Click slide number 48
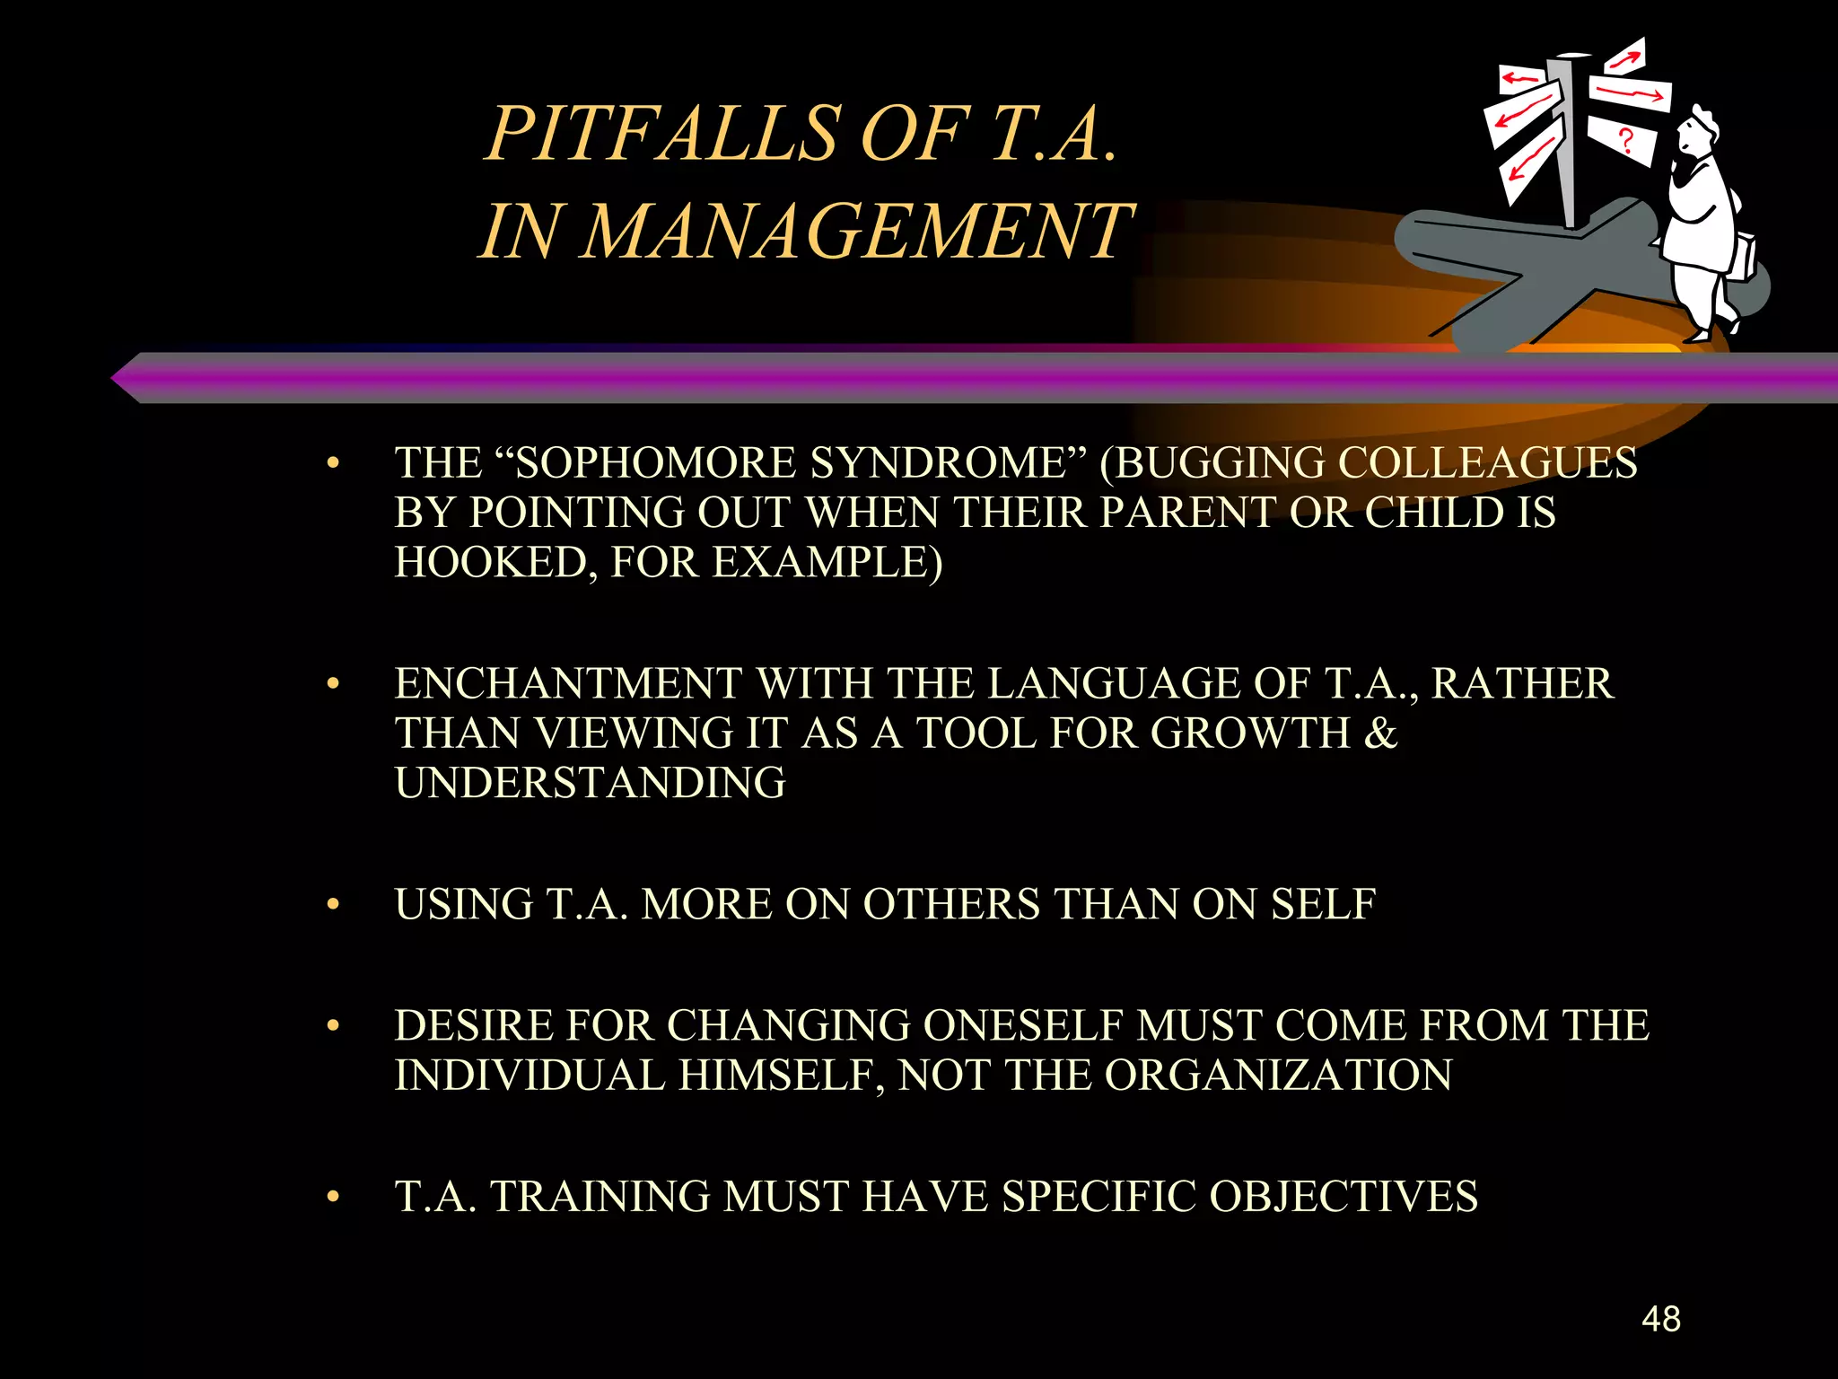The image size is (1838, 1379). pos(1660,1319)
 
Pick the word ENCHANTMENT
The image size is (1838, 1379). pos(568,684)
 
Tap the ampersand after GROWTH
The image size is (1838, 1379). pos(1380,733)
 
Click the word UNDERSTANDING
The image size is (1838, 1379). pos(590,783)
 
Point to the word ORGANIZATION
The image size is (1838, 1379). pos(1278,1076)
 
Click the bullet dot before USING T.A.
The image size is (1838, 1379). pos(333,905)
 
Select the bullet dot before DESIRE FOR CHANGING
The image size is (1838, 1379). pos(333,1026)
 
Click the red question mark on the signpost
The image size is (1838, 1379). pos(1624,141)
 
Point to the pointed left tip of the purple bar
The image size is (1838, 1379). pos(115,379)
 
